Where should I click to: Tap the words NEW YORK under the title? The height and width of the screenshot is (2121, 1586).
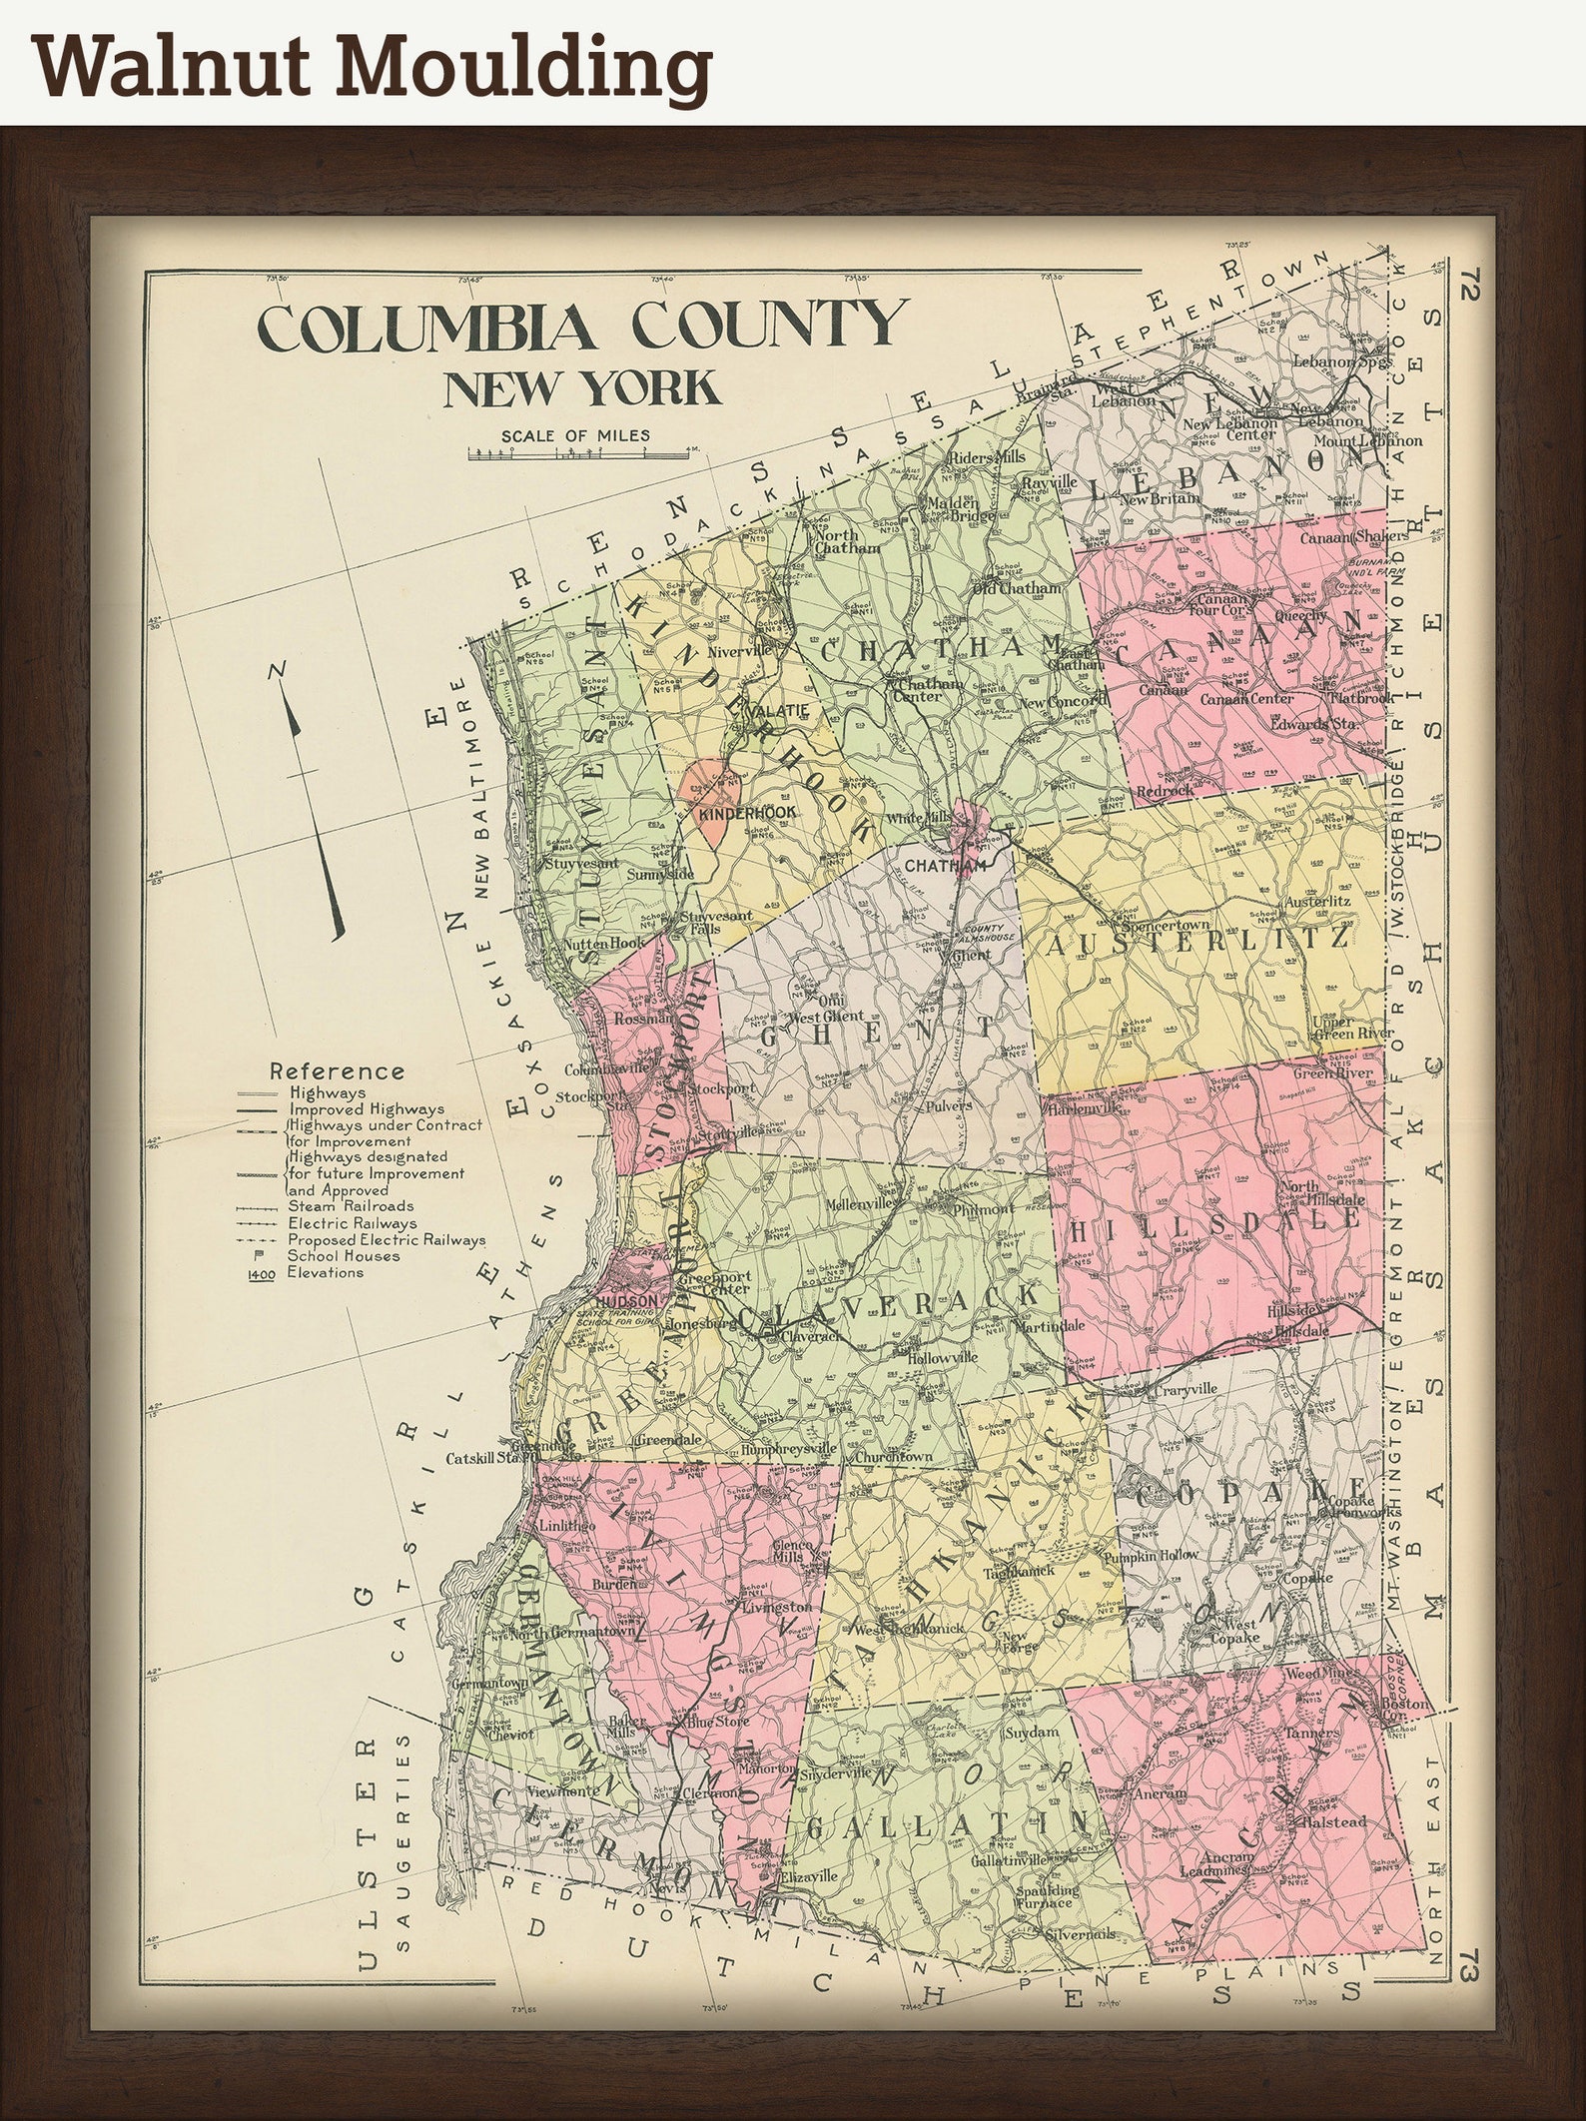(581, 389)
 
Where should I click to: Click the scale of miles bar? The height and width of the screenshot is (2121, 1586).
(581, 454)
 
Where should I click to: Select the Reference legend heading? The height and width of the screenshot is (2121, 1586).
(338, 1071)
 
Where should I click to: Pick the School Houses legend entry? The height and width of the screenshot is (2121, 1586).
(344, 1256)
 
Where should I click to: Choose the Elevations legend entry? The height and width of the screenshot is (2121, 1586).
(324, 1272)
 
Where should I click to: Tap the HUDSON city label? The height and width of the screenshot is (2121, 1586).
(629, 1300)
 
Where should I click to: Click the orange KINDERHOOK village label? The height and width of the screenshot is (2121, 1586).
(748, 814)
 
